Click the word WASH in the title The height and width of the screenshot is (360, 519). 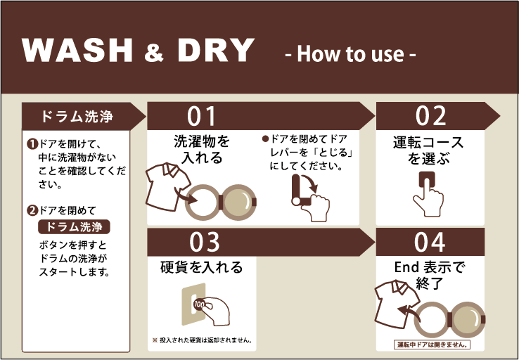click(x=77, y=50)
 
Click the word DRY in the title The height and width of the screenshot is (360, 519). click(x=215, y=50)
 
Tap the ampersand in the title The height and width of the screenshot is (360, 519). click(x=154, y=52)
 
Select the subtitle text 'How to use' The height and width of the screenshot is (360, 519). click(x=350, y=54)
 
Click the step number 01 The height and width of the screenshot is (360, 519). click(x=201, y=116)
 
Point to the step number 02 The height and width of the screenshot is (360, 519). click(x=430, y=116)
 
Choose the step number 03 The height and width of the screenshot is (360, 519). click(x=204, y=242)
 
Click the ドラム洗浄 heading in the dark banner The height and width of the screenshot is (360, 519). click(x=77, y=117)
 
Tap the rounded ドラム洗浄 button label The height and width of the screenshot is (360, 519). click(x=74, y=227)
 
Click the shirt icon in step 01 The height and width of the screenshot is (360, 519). click(x=168, y=186)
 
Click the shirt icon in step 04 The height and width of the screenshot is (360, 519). click(x=397, y=304)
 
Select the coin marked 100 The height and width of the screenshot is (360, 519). click(x=199, y=304)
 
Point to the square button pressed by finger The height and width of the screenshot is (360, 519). click(x=427, y=181)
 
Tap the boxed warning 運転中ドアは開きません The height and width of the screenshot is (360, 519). click(x=432, y=345)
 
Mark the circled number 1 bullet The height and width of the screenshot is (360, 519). click(x=32, y=144)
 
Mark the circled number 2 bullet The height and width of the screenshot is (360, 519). click(x=32, y=210)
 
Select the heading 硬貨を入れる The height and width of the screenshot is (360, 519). click(x=201, y=267)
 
